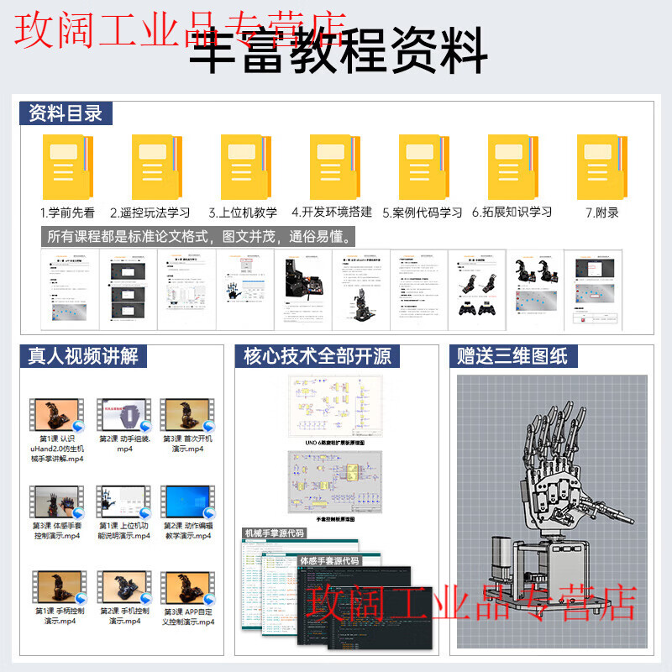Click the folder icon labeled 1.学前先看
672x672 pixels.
click(x=67, y=165)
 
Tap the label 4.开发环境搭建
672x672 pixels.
click(x=331, y=213)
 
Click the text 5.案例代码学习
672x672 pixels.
click(x=422, y=213)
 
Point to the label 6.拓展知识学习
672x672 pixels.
click(x=512, y=213)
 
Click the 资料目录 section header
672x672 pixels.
click(x=66, y=113)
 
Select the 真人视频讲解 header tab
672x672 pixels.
click(x=82, y=356)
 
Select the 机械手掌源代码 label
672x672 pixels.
click(x=274, y=533)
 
